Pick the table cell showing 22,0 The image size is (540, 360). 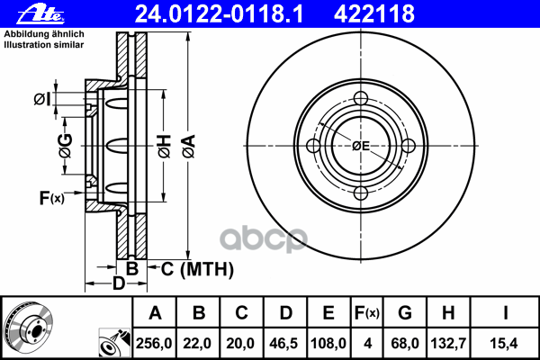[200, 342]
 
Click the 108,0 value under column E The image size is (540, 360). [329, 342]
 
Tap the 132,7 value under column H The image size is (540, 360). [448, 342]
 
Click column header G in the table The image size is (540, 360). [405, 314]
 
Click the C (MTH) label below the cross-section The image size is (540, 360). [196, 269]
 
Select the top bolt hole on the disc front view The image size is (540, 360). [361, 100]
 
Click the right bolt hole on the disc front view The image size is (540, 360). [409, 147]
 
